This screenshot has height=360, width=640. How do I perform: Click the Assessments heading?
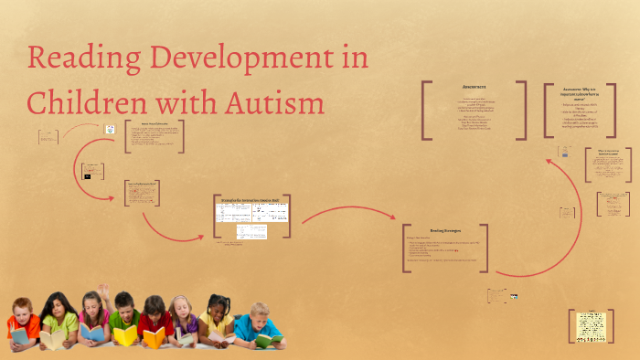474,88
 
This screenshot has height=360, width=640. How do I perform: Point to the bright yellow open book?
125,335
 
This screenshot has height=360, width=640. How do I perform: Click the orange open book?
154,338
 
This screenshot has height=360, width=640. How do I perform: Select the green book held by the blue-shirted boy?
268,340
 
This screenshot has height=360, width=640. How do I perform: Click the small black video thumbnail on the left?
89,175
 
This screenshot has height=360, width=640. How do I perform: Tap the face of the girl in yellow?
216,307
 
